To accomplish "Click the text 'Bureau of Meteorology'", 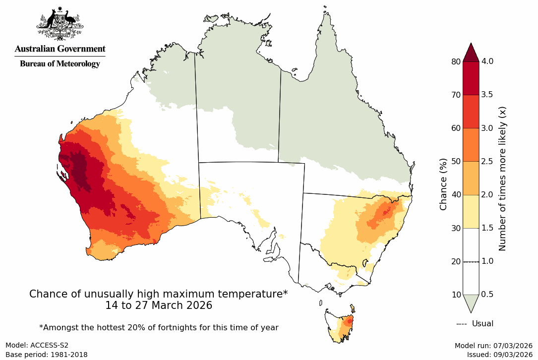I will pyautogui.click(x=60, y=63).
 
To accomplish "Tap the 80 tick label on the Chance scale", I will pyautogui.click(x=455, y=61).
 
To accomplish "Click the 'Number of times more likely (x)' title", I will pyautogui.click(x=502, y=178).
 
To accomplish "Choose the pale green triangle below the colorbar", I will pyautogui.click(x=471, y=302).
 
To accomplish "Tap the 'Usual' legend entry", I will pyautogui.click(x=482, y=324).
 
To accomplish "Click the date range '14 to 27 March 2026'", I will pyautogui.click(x=159, y=306).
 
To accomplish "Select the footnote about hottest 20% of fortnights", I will pyautogui.click(x=159, y=328).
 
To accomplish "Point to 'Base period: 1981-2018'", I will pyautogui.click(x=47, y=355).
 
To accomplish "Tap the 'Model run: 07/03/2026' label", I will pyautogui.click(x=493, y=346).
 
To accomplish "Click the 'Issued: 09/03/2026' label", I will pyautogui.click(x=499, y=355).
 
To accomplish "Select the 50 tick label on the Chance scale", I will pyautogui.click(x=455, y=161).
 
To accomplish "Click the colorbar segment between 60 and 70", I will pyautogui.click(x=471, y=112).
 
